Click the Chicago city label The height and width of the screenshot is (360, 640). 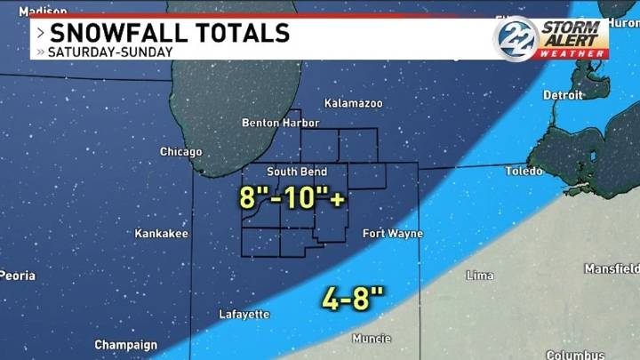click(x=180, y=152)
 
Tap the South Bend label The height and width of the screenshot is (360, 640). click(x=297, y=172)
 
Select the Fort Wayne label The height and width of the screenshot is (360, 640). click(x=392, y=234)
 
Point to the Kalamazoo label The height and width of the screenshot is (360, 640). click(x=353, y=103)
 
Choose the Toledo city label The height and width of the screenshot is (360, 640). click(x=523, y=170)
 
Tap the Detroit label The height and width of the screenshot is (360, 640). click(x=563, y=94)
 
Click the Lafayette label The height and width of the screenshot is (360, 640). click(x=244, y=315)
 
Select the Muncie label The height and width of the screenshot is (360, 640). click(x=371, y=339)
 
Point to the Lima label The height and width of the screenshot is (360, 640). click(x=480, y=276)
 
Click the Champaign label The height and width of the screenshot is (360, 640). click(x=125, y=345)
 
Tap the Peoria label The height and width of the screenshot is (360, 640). click(x=18, y=276)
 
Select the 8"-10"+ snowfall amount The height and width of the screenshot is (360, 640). click(x=292, y=197)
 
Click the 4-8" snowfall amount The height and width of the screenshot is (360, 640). click(x=353, y=298)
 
